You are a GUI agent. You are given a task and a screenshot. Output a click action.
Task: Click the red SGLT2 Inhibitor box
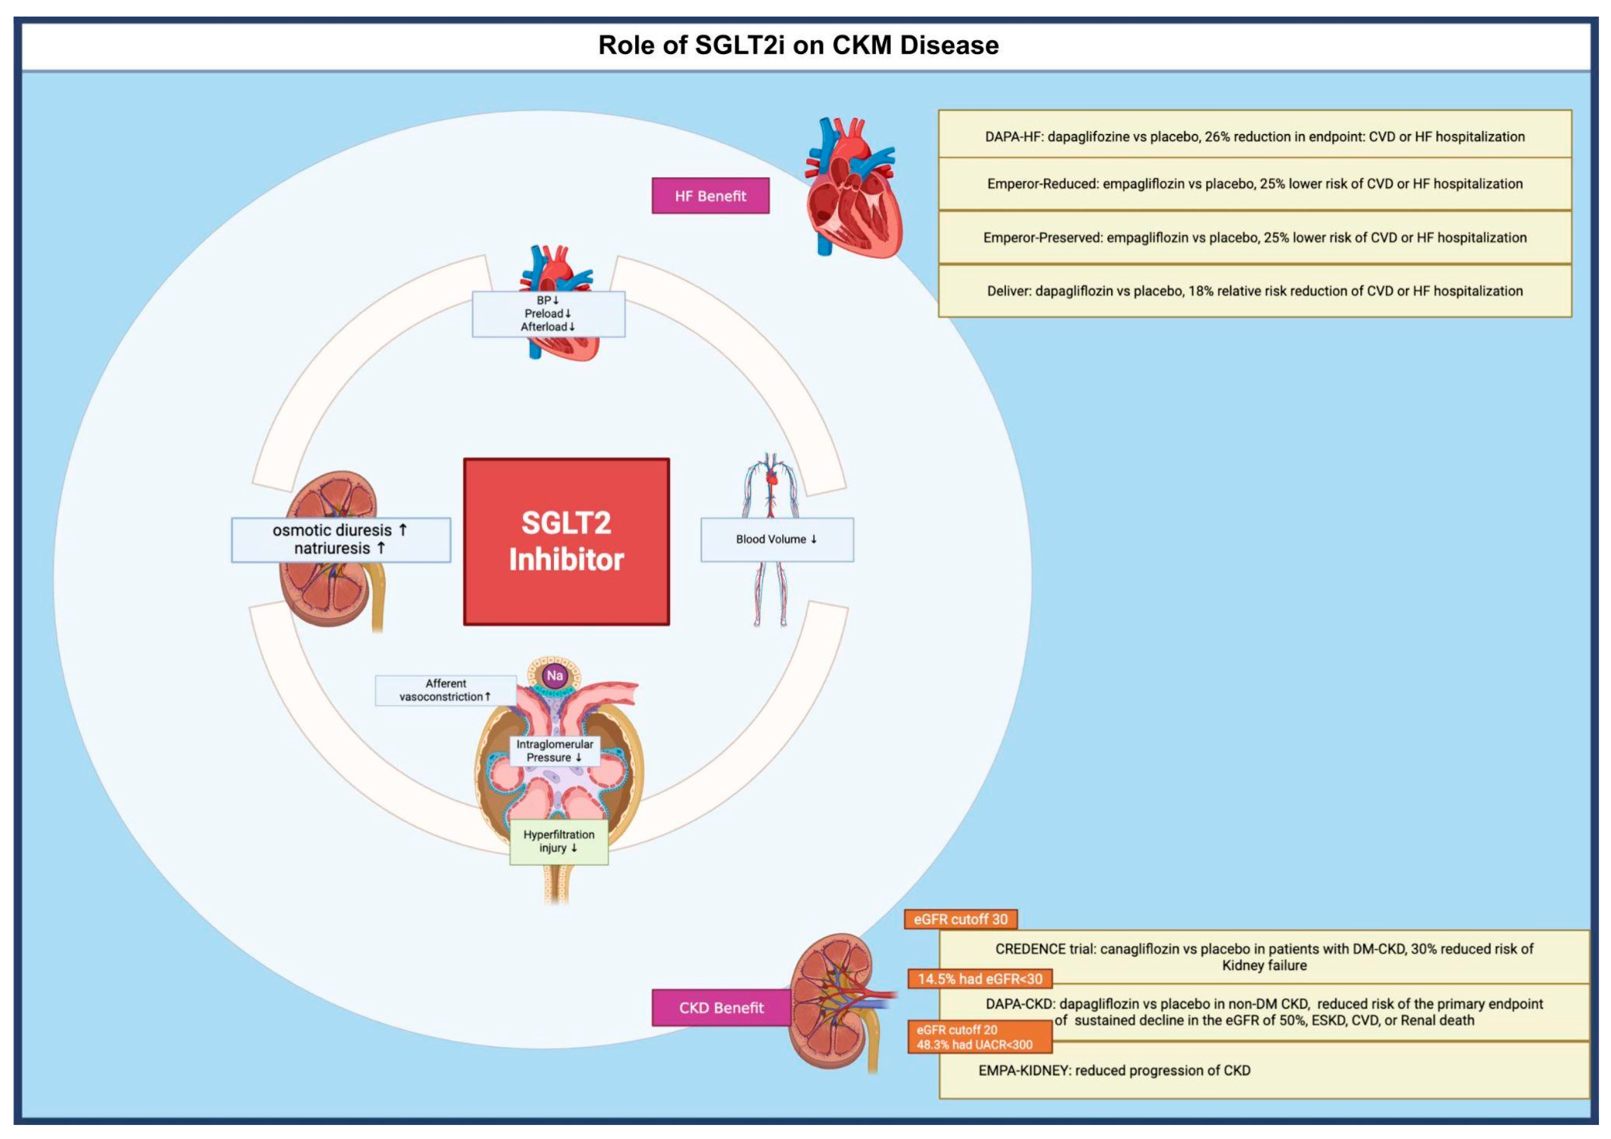click(x=566, y=541)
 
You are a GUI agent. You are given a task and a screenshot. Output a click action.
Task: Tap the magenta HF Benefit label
click(x=710, y=196)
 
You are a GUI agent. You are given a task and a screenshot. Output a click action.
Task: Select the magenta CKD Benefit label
click(x=721, y=1008)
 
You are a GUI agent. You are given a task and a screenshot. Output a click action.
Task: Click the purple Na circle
click(x=555, y=675)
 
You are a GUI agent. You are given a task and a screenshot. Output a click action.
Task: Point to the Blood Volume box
click(x=777, y=539)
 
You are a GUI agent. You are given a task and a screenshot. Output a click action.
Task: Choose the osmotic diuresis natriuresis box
click(x=340, y=539)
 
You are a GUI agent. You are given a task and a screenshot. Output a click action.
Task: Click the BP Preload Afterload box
click(x=548, y=313)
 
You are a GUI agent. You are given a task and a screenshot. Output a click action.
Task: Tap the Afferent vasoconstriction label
click(x=446, y=690)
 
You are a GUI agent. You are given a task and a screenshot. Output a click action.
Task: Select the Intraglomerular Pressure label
click(x=555, y=750)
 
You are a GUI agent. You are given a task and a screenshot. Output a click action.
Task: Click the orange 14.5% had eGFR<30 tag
click(x=980, y=979)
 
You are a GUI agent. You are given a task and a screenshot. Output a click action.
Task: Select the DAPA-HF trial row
click(x=1255, y=136)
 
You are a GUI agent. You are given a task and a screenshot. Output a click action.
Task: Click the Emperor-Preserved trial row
click(x=1255, y=237)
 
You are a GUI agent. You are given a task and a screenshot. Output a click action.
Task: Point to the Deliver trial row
click(x=1255, y=290)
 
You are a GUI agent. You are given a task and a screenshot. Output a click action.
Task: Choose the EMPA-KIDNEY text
click(x=1114, y=1070)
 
